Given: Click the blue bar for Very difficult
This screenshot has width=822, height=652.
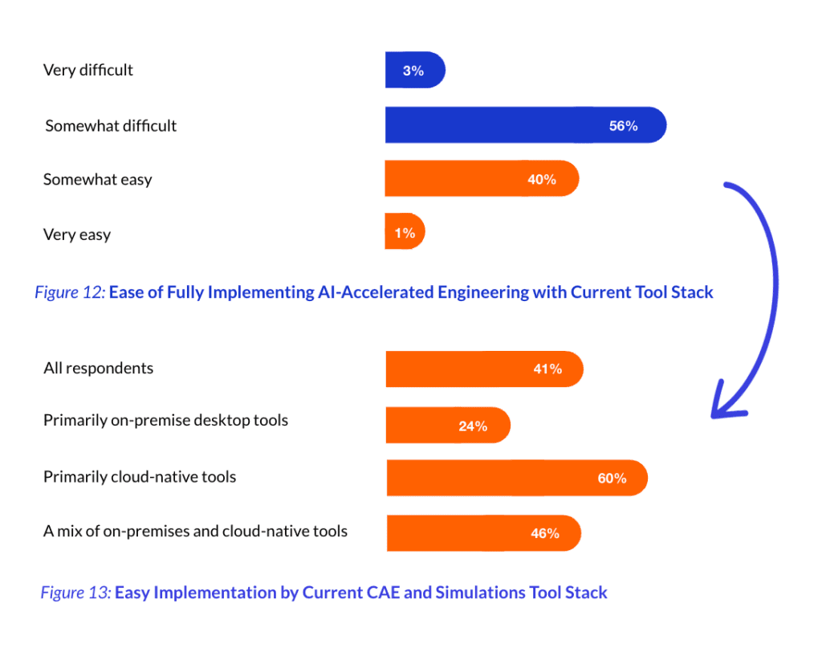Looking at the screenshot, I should click(x=414, y=71).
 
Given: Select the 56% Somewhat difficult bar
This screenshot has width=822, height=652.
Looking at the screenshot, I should click(x=525, y=125).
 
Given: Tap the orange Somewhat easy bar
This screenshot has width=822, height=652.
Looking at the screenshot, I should click(x=481, y=179).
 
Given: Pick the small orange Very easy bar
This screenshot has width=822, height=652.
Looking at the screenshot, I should click(x=405, y=233).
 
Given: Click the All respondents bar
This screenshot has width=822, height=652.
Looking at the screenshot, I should click(x=483, y=369).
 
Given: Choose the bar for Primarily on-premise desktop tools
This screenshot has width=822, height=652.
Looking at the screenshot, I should click(x=447, y=426).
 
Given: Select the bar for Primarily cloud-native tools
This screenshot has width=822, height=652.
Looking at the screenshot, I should click(x=516, y=478).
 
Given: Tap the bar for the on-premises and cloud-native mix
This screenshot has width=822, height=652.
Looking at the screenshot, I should click(x=482, y=533).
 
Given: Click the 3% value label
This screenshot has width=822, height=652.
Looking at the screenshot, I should click(x=413, y=71).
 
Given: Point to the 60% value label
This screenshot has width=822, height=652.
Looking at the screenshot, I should click(x=612, y=479).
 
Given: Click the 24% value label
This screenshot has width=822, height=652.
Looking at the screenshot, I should click(x=473, y=426).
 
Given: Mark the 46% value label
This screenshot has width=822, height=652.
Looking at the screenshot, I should click(x=545, y=533).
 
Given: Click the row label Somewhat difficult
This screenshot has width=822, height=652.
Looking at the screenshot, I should click(x=111, y=126).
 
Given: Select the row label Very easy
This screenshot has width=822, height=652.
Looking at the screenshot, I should click(x=77, y=235).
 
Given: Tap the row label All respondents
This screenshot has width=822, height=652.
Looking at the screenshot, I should click(x=98, y=369).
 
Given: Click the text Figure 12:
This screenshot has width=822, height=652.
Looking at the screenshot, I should click(x=69, y=292).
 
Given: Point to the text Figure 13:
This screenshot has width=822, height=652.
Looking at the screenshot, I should click(x=75, y=593).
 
